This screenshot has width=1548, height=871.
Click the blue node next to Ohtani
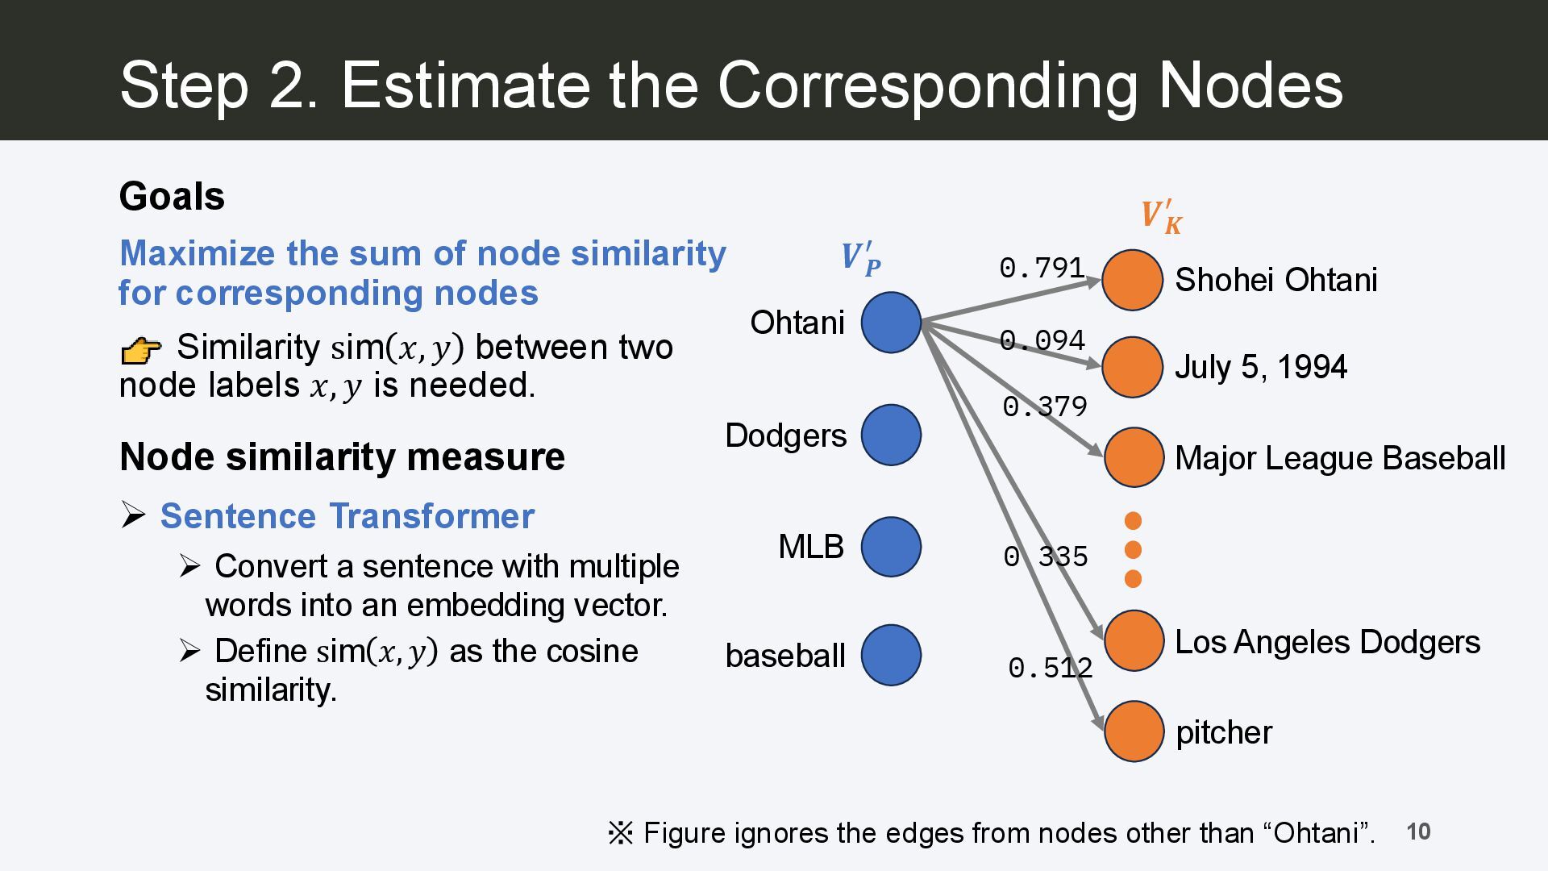click(891, 323)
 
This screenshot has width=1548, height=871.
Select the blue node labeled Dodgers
click(891, 435)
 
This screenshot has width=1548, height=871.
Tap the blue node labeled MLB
click(891, 547)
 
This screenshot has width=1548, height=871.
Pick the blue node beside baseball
click(891, 655)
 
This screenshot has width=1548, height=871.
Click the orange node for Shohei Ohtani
click(1132, 280)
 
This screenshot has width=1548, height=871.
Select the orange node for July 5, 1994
click(1132, 367)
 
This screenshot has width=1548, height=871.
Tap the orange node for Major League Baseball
click(1134, 457)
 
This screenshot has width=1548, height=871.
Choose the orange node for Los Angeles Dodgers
click(1134, 641)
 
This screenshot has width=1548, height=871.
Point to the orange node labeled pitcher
click(1134, 731)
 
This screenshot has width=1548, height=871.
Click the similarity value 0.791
click(1042, 268)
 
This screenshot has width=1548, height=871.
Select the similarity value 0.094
click(1042, 340)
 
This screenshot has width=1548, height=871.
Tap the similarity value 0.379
click(1045, 406)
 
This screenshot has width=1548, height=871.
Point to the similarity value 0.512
click(1050, 668)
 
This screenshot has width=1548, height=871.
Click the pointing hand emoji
click(140, 350)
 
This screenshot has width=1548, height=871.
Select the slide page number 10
click(1418, 831)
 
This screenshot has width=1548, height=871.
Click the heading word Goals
click(172, 197)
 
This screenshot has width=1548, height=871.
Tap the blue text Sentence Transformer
click(347, 516)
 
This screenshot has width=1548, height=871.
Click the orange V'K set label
click(1161, 216)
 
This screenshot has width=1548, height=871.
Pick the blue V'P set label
click(860, 258)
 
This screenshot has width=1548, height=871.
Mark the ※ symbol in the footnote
click(621, 833)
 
